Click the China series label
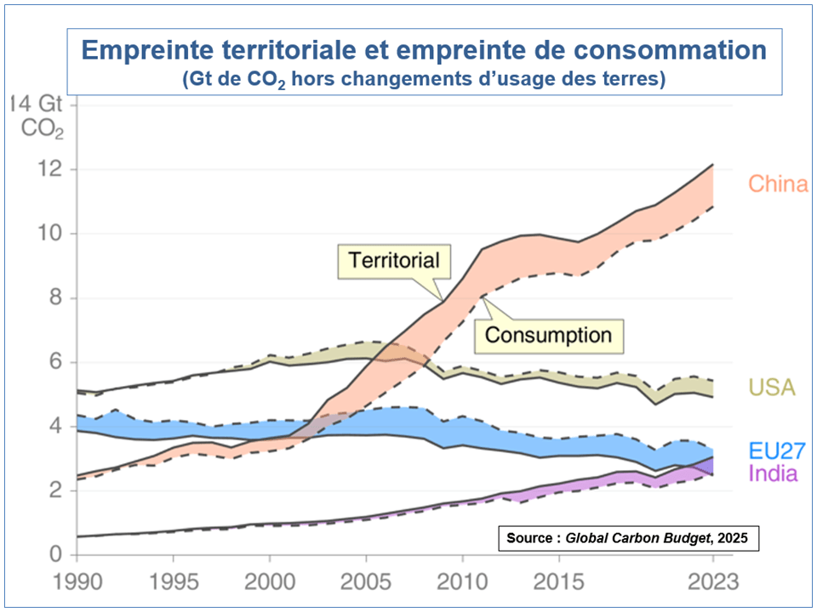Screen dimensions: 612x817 click(x=777, y=184)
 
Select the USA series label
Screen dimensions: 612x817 click(x=771, y=388)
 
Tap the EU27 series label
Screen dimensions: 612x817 click(x=777, y=450)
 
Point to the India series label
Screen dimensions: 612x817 click(x=773, y=473)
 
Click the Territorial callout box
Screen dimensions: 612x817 click(x=393, y=259)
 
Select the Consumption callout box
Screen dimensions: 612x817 click(x=548, y=334)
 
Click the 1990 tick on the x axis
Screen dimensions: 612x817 click(x=77, y=585)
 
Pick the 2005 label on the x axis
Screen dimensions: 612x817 click(x=365, y=585)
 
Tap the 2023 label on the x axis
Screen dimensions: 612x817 click(x=712, y=585)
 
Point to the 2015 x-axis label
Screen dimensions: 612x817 click(x=558, y=585)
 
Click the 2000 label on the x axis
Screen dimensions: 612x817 click(x=269, y=585)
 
